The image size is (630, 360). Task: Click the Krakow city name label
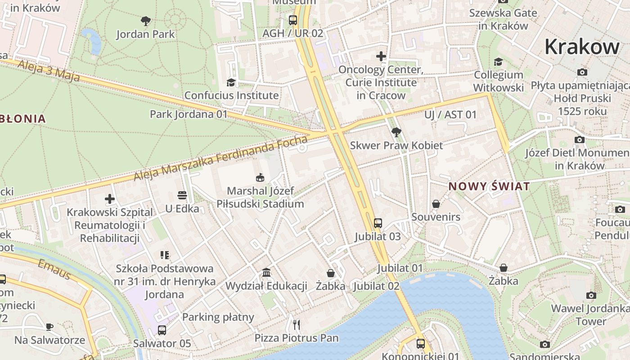[582, 47]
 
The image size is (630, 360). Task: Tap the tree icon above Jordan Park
[145, 21]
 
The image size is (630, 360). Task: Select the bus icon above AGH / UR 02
[293, 20]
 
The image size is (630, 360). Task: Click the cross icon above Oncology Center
[381, 56]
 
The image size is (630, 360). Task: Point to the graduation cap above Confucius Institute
[231, 82]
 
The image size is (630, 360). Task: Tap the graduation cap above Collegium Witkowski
[498, 62]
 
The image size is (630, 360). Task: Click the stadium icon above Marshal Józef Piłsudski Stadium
[260, 178]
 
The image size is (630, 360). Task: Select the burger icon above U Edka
[182, 195]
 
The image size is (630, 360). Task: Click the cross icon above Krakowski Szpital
[110, 199]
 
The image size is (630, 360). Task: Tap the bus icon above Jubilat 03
[378, 223]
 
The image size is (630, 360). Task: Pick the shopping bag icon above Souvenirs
[436, 204]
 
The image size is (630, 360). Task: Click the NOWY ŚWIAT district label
[489, 186]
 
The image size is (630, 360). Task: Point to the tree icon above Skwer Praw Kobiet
[396, 132]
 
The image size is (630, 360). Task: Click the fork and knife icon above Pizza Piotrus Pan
[296, 324]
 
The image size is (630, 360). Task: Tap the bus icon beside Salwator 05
[162, 330]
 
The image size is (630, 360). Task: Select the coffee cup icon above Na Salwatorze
[49, 327]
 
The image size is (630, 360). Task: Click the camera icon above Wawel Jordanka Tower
[591, 296]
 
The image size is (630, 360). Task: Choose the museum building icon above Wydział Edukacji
[266, 273]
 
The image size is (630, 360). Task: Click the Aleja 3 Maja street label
[49, 72]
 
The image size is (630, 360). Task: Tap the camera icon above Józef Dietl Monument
[580, 140]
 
